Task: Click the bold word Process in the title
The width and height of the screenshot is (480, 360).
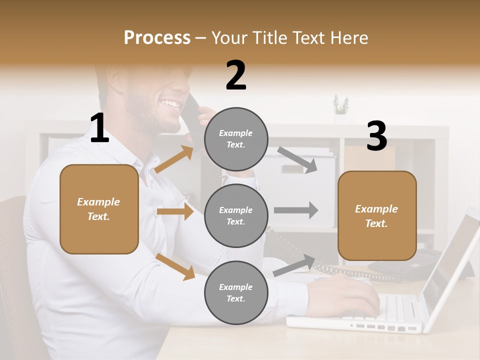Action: pos(157,38)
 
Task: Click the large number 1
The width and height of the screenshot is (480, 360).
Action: pos(99,128)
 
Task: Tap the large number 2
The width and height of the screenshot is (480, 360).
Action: pos(236,75)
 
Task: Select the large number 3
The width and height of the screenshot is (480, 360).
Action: pos(376,136)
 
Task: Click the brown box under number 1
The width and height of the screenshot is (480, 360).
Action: pos(99,209)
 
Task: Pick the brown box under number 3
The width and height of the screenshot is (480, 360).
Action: pos(377,215)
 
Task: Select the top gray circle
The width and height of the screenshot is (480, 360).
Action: pos(236,139)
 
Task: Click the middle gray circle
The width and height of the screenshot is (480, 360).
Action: pos(236,215)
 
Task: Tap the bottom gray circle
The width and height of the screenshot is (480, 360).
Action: pos(236,292)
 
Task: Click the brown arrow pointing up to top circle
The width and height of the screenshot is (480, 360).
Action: pos(174,159)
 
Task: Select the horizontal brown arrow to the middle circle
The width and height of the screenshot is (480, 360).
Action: pos(175,211)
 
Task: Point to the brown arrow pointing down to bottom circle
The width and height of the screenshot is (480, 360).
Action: pos(175,266)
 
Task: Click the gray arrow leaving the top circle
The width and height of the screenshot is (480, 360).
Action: pos(297,160)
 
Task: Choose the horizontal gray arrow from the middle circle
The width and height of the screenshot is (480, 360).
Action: pos(296,210)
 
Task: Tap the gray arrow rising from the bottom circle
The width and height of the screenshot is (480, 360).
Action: pos(294,265)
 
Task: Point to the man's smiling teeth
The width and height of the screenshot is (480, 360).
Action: pos(170,105)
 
